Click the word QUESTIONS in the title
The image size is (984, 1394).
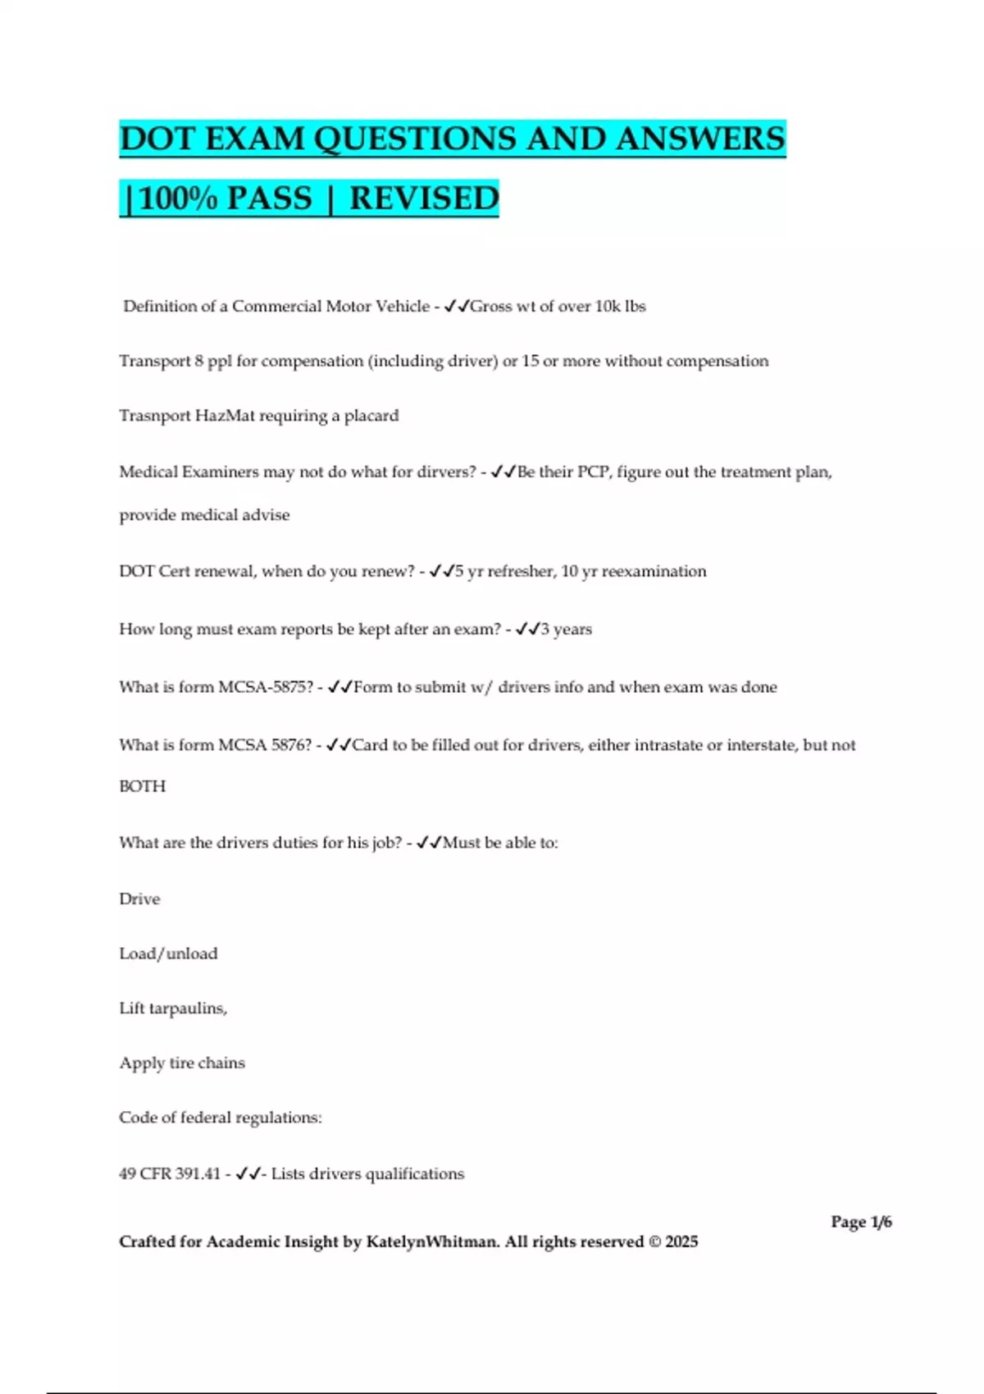[416, 139]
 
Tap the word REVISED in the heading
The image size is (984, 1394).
[424, 198]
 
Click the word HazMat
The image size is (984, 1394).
[225, 416]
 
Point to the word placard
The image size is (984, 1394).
[371, 416]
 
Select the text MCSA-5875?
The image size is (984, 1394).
[266, 687]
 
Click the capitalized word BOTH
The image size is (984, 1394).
[142, 786]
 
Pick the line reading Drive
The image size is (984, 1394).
[139, 899]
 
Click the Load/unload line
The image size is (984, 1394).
[168, 954]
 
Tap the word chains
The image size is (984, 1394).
[221, 1063]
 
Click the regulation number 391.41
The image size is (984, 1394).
[198, 1174]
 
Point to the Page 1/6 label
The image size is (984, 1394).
[861, 1222]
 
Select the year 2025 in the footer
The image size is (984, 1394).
[681, 1241]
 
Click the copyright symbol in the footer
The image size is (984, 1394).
[654, 1241]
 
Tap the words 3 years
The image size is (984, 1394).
[566, 630]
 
